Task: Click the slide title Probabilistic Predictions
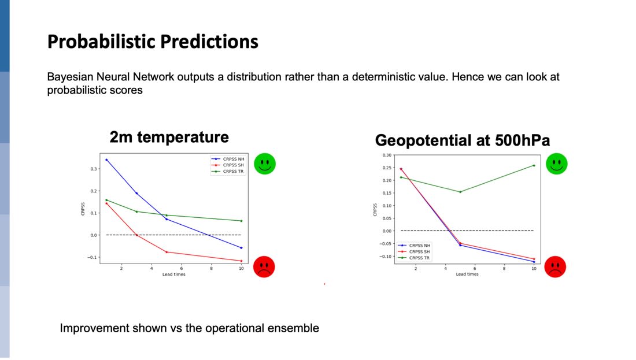[153, 42]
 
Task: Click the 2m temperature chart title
[169, 137]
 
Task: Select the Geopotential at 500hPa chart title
[463, 140]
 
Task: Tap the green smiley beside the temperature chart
[265, 164]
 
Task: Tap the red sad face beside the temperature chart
[264, 267]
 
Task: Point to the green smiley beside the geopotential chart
[556, 164]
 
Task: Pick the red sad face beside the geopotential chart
[555, 267]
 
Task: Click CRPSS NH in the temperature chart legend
[234, 159]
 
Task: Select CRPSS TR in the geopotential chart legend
[419, 258]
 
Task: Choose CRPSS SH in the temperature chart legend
[234, 165]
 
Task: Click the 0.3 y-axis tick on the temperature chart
[94, 169]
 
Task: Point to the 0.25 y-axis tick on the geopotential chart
[387, 168]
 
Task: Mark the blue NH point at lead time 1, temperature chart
[107, 159]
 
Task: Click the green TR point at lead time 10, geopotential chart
[534, 165]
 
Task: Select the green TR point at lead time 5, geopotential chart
[460, 192]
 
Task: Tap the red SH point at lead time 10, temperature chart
[241, 261]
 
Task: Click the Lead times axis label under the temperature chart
[174, 274]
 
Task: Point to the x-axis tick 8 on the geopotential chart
[504, 268]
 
